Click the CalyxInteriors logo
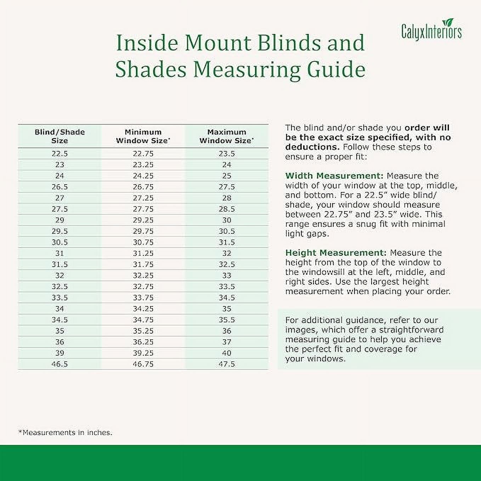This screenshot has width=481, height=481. coord(431,30)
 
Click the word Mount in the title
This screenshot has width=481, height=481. coord(217,43)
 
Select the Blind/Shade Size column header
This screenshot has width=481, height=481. coord(60,136)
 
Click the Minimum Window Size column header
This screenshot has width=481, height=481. coord(143,136)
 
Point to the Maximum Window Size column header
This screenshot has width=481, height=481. coord(227,136)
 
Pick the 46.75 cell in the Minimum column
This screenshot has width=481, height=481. coord(143,364)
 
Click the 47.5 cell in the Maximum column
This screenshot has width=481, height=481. coord(227,364)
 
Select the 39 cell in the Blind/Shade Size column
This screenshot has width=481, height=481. coord(60,353)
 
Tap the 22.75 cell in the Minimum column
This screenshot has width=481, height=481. coord(143,154)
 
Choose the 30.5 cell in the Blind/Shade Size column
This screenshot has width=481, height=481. coord(60,242)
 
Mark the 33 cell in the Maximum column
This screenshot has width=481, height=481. coord(227,276)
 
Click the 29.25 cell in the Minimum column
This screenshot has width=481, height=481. coord(143,220)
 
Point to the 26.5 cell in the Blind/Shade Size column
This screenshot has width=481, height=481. coord(60,187)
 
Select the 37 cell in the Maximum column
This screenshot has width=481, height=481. coord(227,342)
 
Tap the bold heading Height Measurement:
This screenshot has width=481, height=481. coord(336,253)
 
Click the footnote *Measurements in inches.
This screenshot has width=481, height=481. coord(65,432)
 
